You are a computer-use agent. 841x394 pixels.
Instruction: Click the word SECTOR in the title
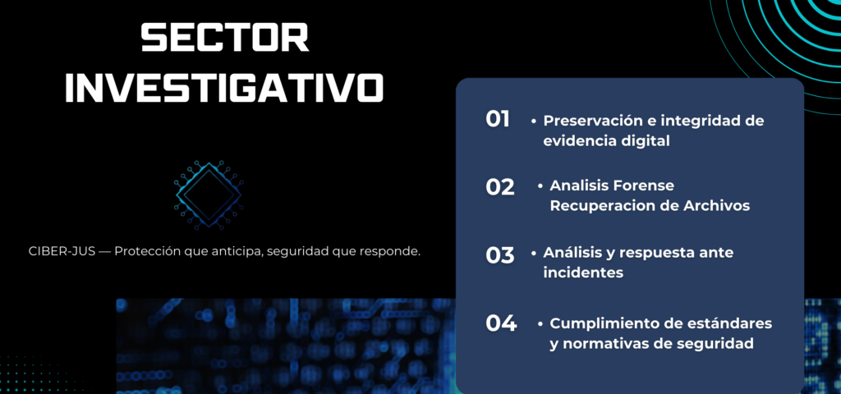tap(225, 38)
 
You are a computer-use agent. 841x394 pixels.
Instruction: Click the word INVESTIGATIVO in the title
tap(224, 88)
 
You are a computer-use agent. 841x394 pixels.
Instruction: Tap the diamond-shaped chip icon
tap(208, 195)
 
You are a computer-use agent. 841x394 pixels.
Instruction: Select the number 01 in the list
tap(497, 119)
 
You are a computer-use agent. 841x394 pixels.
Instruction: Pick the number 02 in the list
tap(500, 187)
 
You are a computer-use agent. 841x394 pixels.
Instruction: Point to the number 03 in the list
tap(500, 255)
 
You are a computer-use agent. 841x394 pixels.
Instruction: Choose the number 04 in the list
tap(501, 323)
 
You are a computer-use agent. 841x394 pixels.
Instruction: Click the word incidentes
tap(583, 273)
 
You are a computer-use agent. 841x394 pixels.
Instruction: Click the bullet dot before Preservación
tap(534, 121)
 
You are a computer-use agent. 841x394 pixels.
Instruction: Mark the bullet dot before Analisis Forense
tap(540, 186)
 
